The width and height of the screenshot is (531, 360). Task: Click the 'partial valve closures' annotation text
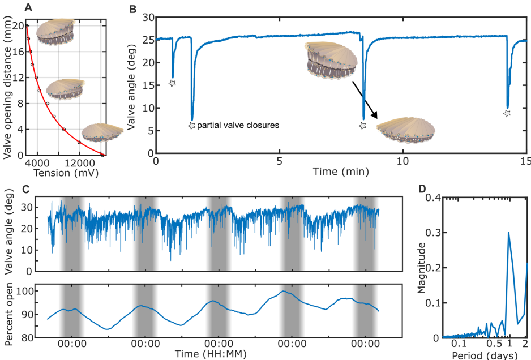coord(238,125)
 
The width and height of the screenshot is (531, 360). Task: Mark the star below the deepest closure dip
coord(191,125)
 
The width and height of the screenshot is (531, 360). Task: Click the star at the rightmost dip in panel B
coord(507,113)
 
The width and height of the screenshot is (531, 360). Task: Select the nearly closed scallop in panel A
coord(100,132)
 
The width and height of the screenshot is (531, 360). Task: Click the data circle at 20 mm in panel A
coord(27,25)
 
